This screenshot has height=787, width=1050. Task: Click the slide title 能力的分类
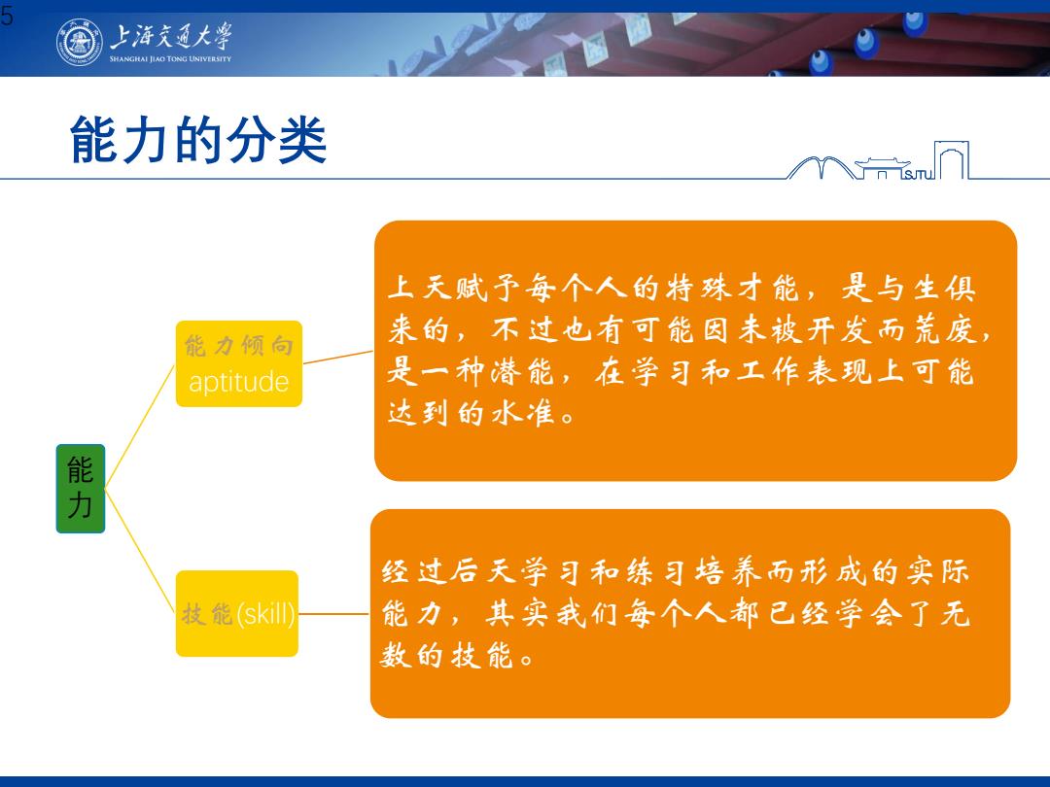(198, 140)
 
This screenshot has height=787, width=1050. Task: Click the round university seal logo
(80, 42)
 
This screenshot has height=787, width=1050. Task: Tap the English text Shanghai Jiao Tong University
(170, 59)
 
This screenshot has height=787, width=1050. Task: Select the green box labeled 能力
(81, 489)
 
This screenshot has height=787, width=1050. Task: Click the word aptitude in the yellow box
(238, 382)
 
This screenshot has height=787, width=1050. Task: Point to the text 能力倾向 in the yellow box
(238, 345)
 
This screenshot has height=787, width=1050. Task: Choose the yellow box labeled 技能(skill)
(237, 613)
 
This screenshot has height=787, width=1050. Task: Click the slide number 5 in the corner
(7, 16)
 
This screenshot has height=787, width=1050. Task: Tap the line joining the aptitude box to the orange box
(338, 357)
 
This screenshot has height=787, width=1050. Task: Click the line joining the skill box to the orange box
(333, 613)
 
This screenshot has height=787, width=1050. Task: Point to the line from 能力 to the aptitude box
(140, 427)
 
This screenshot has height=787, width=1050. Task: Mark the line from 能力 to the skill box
(140, 551)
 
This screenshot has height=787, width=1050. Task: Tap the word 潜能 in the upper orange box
(521, 371)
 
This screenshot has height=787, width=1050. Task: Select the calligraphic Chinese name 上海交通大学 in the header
(171, 36)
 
